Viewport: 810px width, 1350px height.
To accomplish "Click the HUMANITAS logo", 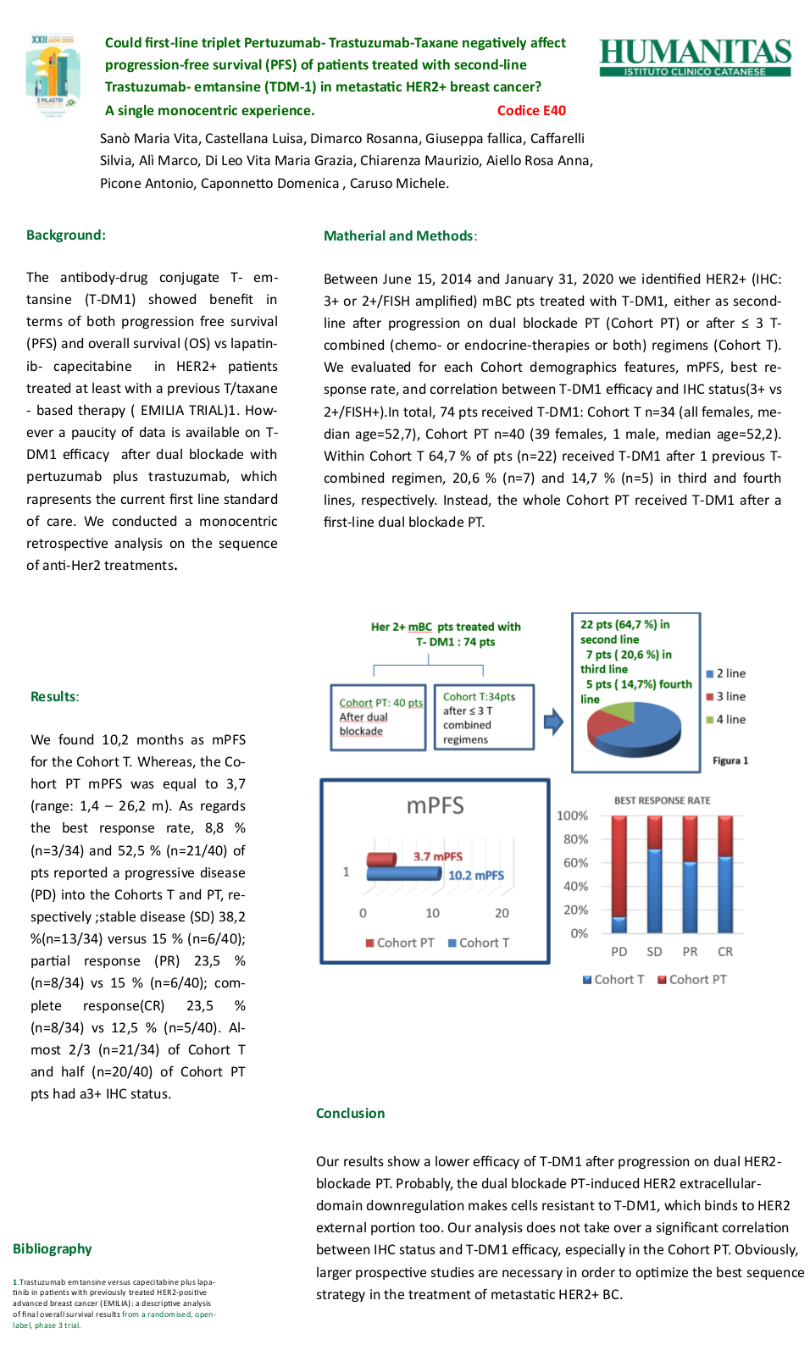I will pyautogui.click(x=695, y=57).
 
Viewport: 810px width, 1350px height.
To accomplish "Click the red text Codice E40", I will pyautogui.click(x=531, y=110).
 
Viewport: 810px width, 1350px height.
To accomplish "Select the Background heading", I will pyautogui.click(x=66, y=235).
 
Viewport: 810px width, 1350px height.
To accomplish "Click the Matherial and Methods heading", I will pyautogui.click(x=399, y=235).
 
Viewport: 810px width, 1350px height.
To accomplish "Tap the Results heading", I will pyautogui.click(x=54, y=696).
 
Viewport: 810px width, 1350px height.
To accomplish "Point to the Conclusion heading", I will pyautogui.click(x=350, y=1113).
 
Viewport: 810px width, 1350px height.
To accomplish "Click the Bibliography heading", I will pyautogui.click(x=53, y=1248).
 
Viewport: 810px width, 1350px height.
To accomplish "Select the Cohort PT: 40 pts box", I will pyautogui.click(x=378, y=717).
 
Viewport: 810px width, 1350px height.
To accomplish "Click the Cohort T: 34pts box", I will pyautogui.click(x=484, y=717).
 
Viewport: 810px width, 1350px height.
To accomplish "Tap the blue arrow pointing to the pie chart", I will pyautogui.click(x=553, y=722).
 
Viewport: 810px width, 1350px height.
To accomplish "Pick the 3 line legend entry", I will pyautogui.click(x=726, y=696).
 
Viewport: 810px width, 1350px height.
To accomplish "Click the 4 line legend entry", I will pyautogui.click(x=726, y=719).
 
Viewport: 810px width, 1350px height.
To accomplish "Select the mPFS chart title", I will pyautogui.click(x=435, y=805).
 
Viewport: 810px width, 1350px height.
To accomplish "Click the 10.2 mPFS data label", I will pyautogui.click(x=475, y=875).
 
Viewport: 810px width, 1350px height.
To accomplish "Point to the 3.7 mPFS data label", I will pyautogui.click(x=437, y=856).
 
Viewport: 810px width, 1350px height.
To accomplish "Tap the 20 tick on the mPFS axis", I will pyautogui.click(x=502, y=913).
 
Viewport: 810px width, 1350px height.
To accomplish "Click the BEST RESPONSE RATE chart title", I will pyautogui.click(x=662, y=800).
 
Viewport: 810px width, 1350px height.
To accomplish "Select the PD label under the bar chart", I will pyautogui.click(x=619, y=952).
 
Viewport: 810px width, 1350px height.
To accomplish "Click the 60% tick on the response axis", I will pyautogui.click(x=575, y=863).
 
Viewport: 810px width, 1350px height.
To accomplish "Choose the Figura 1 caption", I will pyautogui.click(x=730, y=761).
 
